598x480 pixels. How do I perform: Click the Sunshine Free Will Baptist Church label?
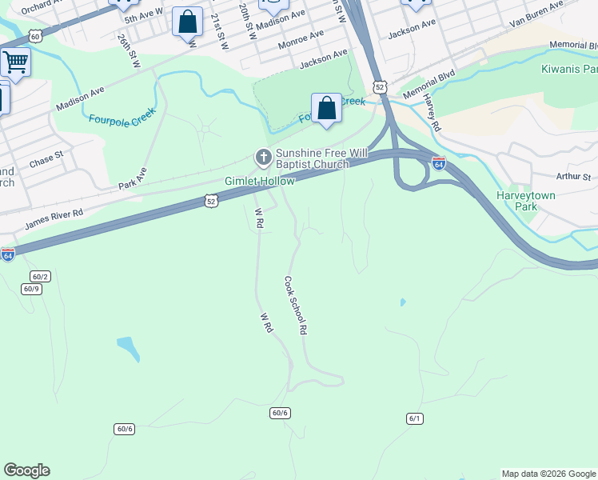pos(312,158)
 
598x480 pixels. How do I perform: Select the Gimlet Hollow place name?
pos(259,182)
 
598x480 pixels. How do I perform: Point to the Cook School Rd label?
pos(294,305)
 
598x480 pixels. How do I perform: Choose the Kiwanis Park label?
pos(568,69)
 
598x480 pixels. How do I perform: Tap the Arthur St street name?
pos(573,177)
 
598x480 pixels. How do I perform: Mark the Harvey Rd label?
pos(432,112)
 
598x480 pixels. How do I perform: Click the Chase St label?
pos(46,158)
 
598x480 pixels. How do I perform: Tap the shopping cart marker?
pos(15,62)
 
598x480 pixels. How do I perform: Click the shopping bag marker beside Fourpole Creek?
pos(326,108)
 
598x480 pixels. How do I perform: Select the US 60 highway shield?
pos(34,36)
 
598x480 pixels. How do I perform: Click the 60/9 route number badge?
pos(31,289)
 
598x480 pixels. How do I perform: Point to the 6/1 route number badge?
pos(414,418)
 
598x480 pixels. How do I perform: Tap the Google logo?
pos(26,470)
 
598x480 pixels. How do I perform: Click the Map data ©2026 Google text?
pos(548,474)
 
